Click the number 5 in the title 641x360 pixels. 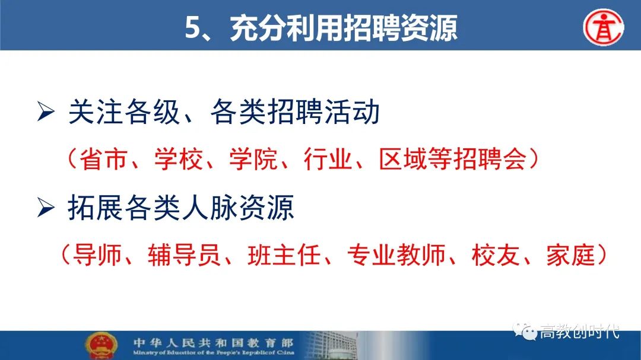192,28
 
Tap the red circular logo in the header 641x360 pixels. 604,27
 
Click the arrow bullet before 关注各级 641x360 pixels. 46,111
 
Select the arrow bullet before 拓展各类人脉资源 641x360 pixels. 46,208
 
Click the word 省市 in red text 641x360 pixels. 103,159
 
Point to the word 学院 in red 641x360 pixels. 253,159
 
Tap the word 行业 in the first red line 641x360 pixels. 328,159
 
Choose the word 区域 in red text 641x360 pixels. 403,159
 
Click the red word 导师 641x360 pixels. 97,255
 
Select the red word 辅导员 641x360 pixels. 185,255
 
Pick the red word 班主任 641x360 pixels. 284,255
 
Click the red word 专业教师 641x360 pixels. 396,255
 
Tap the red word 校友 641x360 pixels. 496,255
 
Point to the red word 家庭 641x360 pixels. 571,255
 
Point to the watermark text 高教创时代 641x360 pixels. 580,332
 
